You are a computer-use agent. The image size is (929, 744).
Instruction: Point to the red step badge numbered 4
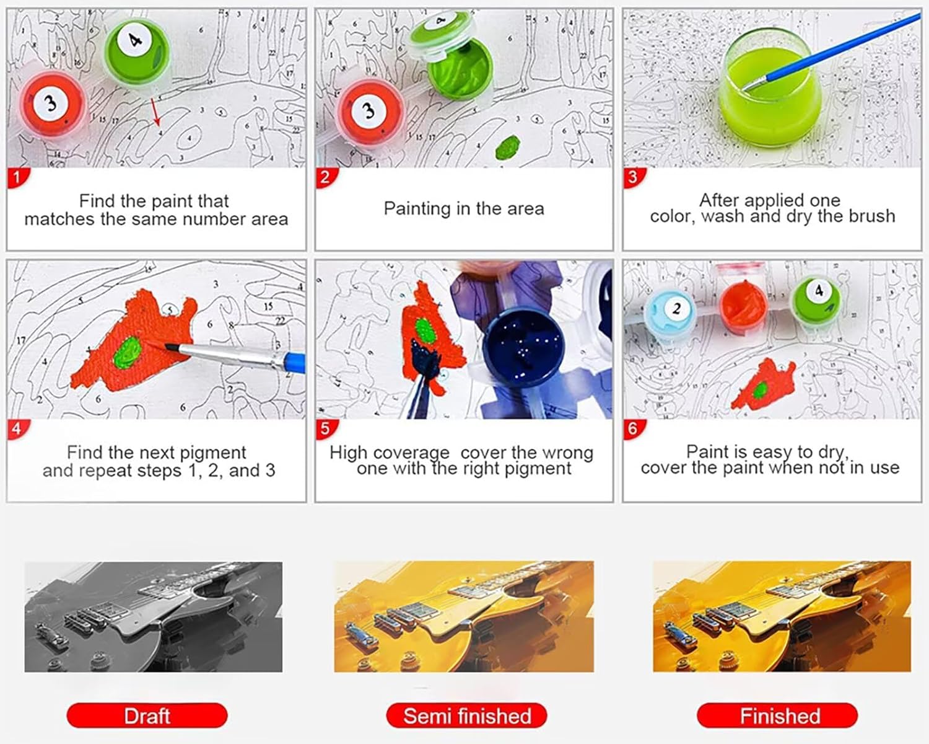click(x=18, y=429)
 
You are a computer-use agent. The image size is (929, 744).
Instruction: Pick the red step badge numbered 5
click(x=326, y=429)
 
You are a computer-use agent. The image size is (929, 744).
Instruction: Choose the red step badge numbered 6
click(x=634, y=429)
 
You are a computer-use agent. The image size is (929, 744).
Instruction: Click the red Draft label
click(x=147, y=715)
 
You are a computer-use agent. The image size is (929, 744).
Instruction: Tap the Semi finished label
click(x=466, y=715)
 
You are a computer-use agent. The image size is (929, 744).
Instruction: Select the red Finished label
click(x=777, y=715)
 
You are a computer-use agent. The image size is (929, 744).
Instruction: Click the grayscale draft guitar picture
click(x=153, y=617)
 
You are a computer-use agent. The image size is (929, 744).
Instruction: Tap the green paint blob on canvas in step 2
click(x=508, y=148)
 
